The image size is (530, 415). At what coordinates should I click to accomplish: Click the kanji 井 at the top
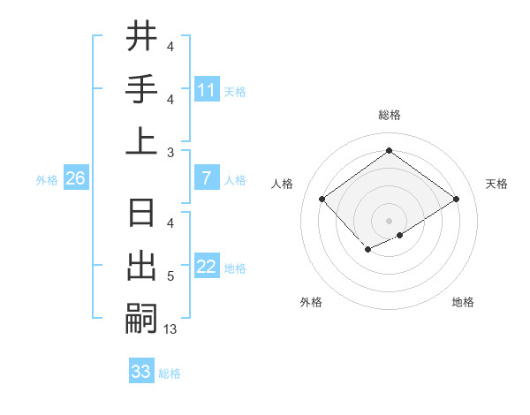[x=141, y=37]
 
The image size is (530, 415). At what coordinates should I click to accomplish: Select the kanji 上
[x=141, y=140]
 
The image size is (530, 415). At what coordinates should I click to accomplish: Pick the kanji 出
[x=141, y=266]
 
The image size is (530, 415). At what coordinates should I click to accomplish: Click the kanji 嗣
[x=141, y=317]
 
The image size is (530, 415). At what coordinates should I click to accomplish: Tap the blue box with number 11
[x=207, y=89]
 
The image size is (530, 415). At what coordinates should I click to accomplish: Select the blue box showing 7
[x=207, y=178]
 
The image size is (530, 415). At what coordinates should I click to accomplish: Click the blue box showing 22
[x=207, y=267]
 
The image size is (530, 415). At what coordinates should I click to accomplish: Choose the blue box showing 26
[x=75, y=178]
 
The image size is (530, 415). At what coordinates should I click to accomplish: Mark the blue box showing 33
[x=141, y=372]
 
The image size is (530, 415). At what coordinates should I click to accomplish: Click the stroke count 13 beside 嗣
[x=170, y=329]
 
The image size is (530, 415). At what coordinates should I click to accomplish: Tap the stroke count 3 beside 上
[x=170, y=153]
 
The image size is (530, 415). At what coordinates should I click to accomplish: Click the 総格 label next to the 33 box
[x=170, y=373]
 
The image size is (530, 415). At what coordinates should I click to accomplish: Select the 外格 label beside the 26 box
[x=47, y=180]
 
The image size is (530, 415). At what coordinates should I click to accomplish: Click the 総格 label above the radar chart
[x=389, y=115]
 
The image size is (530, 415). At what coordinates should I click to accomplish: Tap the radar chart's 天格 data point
[x=457, y=200]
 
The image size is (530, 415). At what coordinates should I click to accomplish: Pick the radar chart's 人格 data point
[x=322, y=199]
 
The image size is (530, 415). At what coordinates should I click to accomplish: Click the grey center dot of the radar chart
[x=389, y=220]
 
